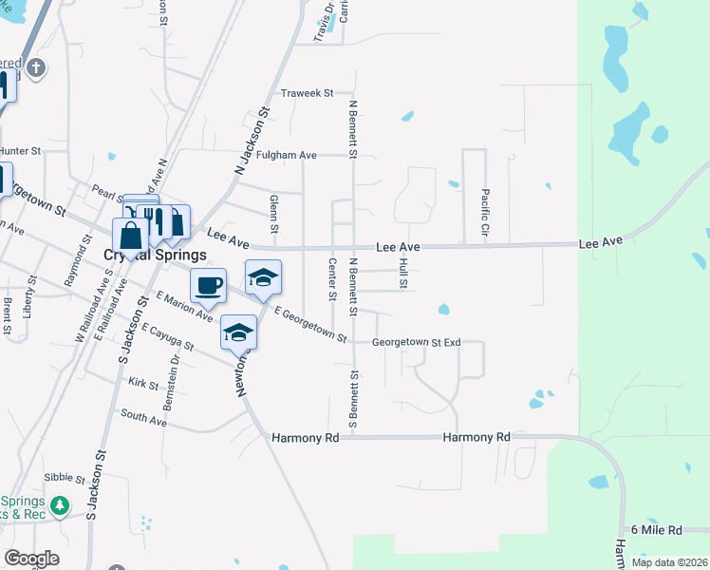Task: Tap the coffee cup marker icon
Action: (x=208, y=285)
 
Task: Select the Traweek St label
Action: (x=308, y=93)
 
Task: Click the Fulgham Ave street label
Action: (x=286, y=154)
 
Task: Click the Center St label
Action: (x=332, y=279)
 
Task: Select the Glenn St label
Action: (x=273, y=214)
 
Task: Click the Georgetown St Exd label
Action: (x=416, y=342)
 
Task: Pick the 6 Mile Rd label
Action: (x=657, y=529)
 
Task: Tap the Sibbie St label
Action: (x=65, y=479)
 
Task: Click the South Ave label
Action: (x=143, y=418)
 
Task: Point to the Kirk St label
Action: (x=142, y=383)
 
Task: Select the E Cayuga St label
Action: (x=167, y=338)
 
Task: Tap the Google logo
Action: (x=31, y=559)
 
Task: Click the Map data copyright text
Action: (x=668, y=562)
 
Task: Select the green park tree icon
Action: (x=60, y=505)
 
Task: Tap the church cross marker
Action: (x=36, y=67)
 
